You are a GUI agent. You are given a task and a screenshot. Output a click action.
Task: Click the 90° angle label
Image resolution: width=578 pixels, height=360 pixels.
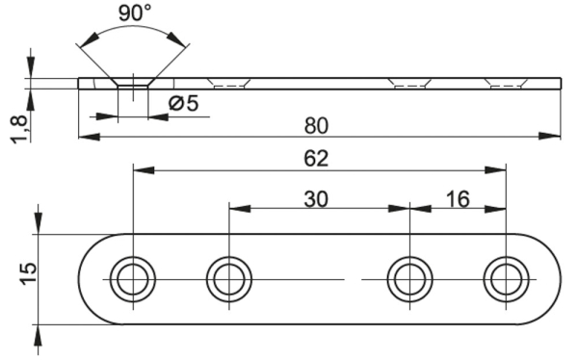[x=135, y=13]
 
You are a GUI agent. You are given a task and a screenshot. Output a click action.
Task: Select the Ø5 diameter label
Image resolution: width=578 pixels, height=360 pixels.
[x=184, y=104]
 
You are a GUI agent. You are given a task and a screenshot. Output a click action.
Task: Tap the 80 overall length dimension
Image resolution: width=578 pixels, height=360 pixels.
[x=316, y=126]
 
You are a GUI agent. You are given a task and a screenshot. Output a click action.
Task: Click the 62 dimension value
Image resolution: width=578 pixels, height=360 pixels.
[x=316, y=159]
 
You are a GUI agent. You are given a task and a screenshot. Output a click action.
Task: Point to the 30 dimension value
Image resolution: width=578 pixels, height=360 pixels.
[x=316, y=199]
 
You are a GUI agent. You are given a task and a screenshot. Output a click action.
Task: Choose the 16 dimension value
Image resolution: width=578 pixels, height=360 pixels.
[x=458, y=199]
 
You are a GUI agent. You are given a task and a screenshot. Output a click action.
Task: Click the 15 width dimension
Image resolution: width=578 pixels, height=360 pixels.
[x=28, y=273]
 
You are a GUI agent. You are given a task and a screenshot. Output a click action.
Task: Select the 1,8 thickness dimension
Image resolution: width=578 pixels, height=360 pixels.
[x=19, y=129]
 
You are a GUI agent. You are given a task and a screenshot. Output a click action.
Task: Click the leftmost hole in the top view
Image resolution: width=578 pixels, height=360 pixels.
[x=133, y=280]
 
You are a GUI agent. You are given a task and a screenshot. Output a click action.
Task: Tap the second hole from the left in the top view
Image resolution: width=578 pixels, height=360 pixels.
[x=229, y=280]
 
